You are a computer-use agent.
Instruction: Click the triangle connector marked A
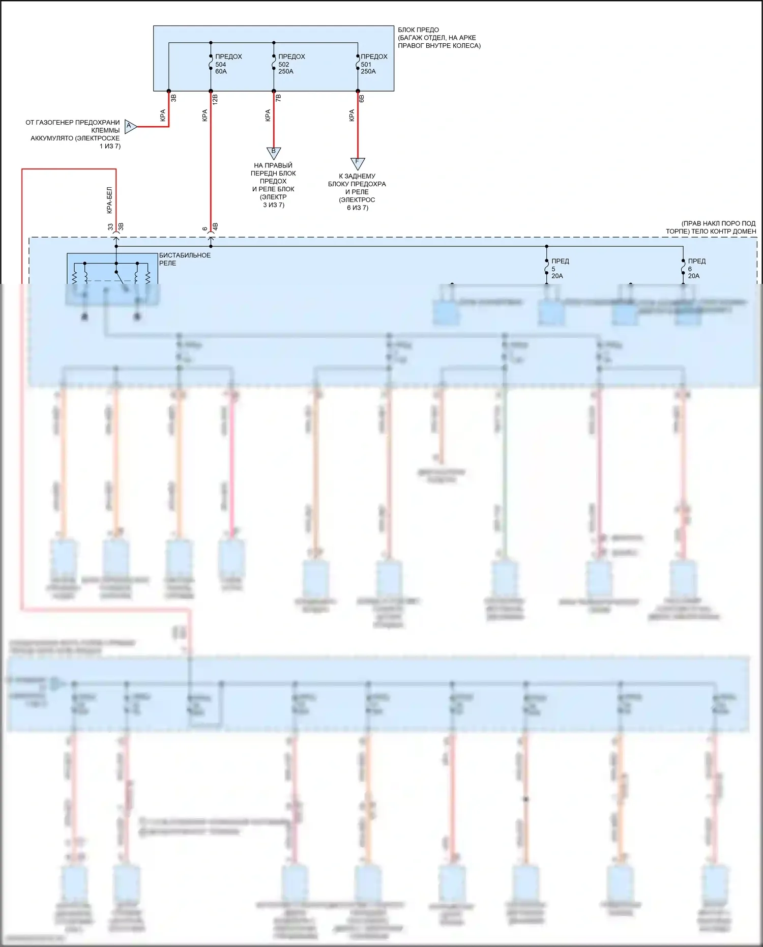point(130,126)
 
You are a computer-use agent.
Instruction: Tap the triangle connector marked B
point(274,152)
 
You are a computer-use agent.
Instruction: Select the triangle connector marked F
point(357,163)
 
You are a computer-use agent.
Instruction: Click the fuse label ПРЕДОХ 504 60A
point(228,64)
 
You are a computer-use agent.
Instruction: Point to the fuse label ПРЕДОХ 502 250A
point(291,64)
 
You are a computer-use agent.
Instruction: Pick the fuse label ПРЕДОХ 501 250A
point(373,64)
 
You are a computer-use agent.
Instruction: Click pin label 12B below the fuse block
point(215,99)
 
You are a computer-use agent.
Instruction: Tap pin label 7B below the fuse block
point(278,98)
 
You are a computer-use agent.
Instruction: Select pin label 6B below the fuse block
point(362,98)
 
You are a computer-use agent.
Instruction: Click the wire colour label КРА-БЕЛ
point(109,200)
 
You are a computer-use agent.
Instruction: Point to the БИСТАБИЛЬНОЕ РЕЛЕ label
point(185,259)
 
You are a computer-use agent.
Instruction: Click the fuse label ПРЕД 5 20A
point(560,269)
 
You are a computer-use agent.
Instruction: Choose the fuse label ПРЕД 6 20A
point(696,269)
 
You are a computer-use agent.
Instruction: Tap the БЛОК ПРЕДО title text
point(418,30)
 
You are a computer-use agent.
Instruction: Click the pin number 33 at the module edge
point(110,227)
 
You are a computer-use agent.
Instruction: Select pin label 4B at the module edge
point(215,227)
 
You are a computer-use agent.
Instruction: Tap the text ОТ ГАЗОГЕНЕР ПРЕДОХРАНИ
point(73,123)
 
